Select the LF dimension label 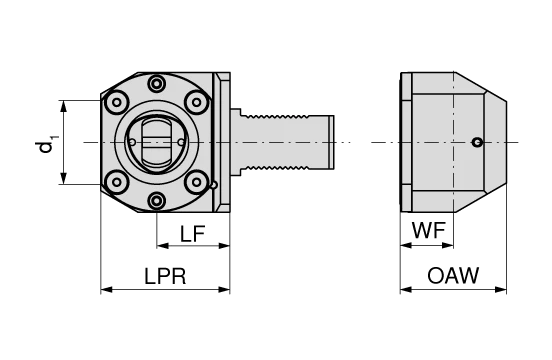[193, 235]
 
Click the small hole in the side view [478, 142]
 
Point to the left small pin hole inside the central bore [133, 142]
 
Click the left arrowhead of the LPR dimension [105, 290]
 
